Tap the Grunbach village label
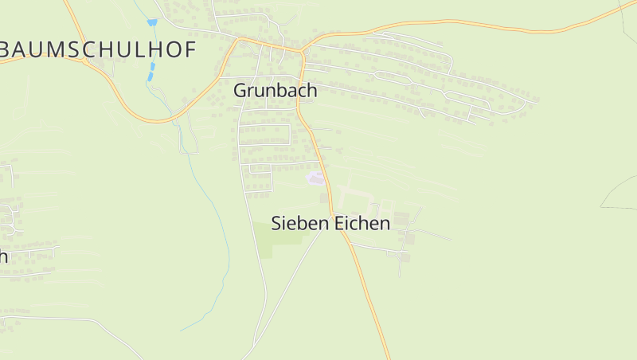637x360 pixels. click(276, 91)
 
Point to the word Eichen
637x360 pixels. click(361, 223)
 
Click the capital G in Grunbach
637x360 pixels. click(240, 91)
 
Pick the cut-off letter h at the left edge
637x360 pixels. click(3, 256)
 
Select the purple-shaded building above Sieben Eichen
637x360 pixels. click(316, 178)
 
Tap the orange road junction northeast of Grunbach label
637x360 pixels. click(302, 51)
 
